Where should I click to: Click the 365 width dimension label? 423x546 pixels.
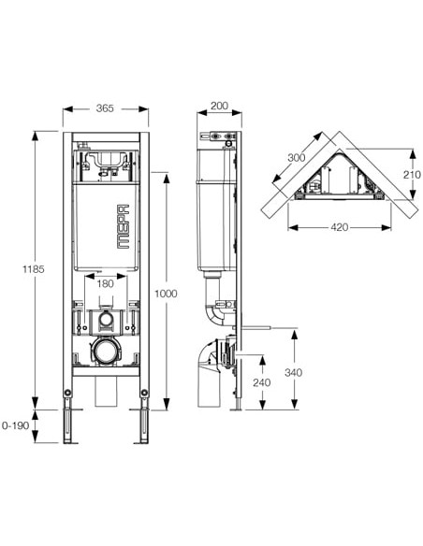tap(104, 108)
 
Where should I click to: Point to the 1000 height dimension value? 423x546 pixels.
tap(166, 292)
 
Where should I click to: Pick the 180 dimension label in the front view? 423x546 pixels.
tap(104, 282)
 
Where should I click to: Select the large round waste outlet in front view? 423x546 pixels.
tap(104, 353)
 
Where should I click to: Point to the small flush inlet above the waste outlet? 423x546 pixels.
tap(104, 321)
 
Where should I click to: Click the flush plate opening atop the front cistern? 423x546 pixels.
tap(104, 159)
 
